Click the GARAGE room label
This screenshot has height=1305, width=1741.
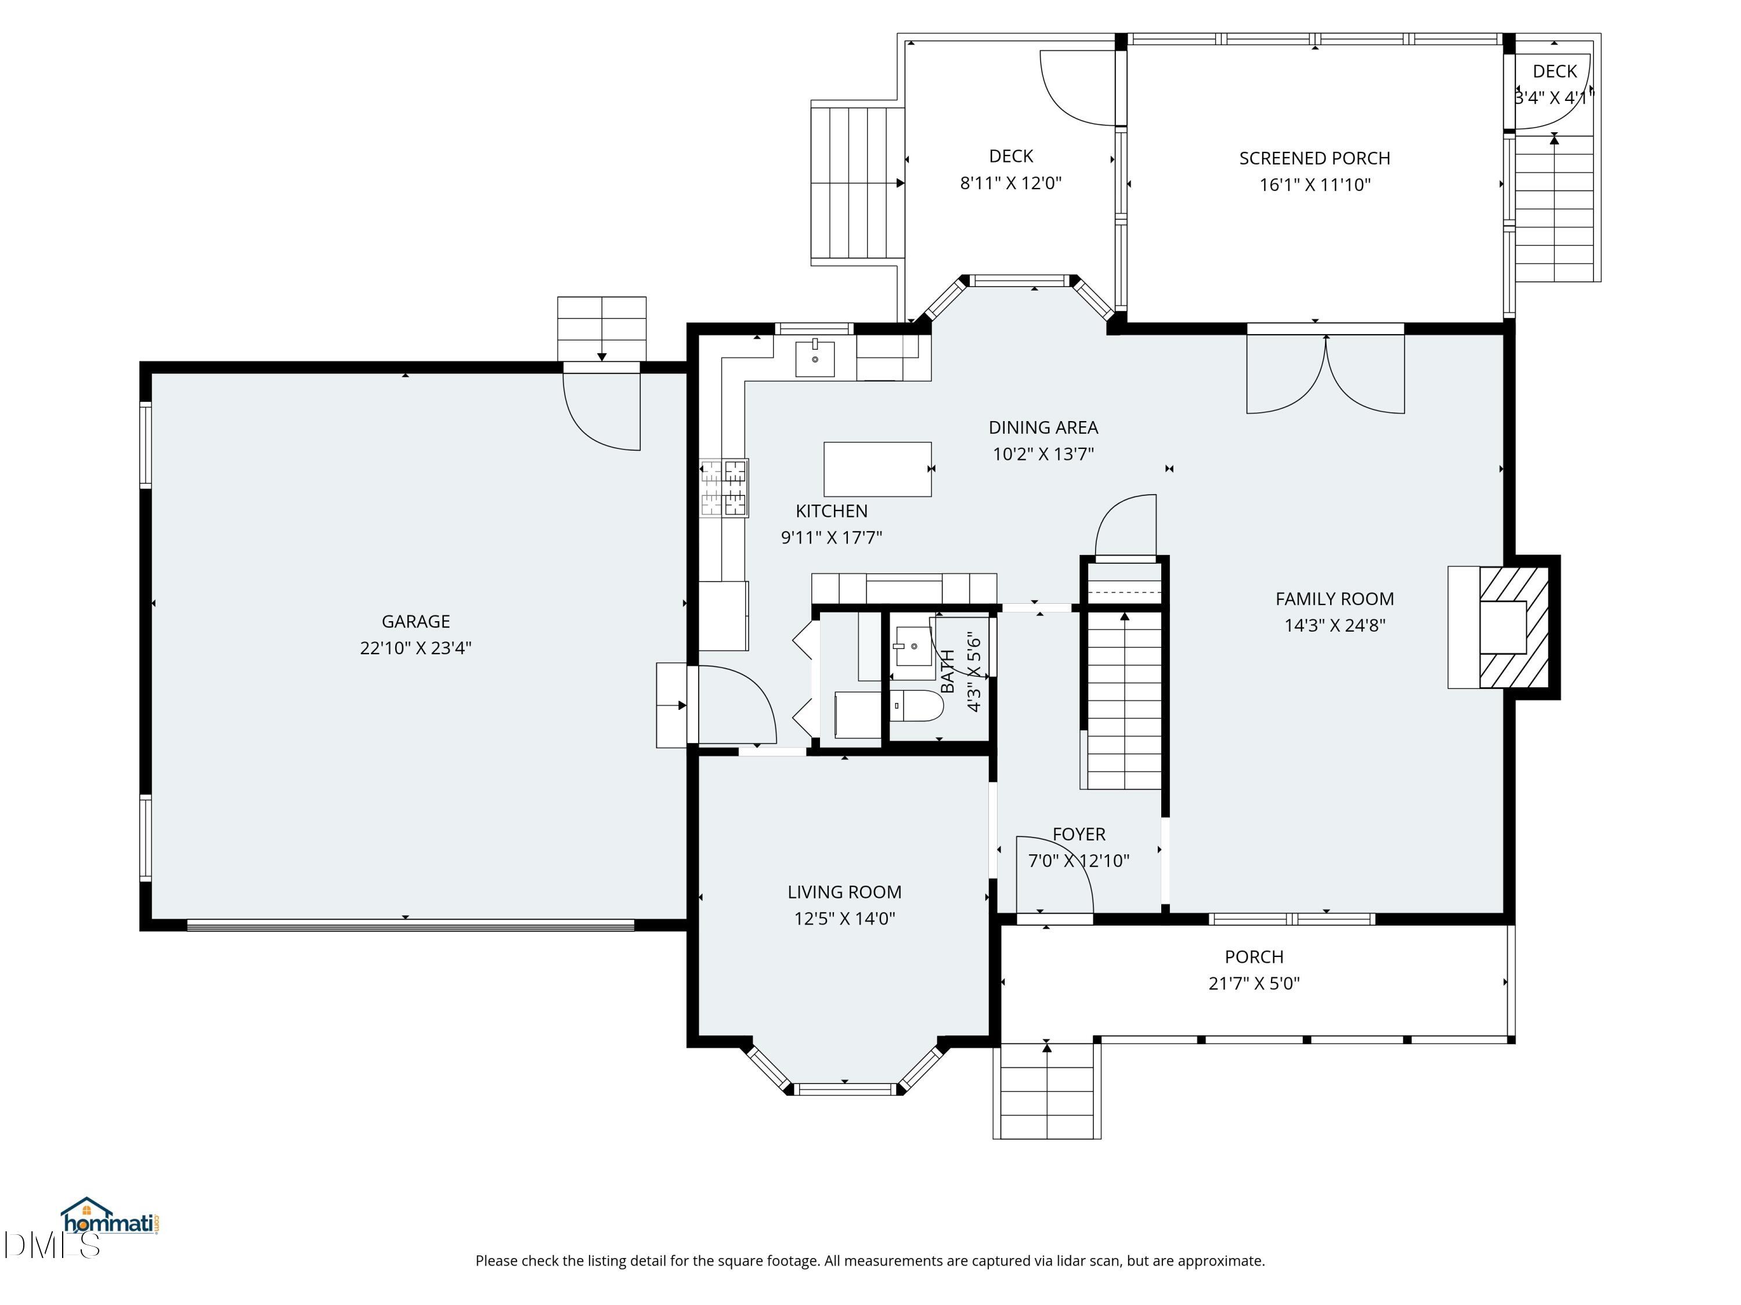[416, 621]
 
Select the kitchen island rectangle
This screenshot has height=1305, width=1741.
[877, 469]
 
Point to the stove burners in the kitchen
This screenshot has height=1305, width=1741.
[724, 488]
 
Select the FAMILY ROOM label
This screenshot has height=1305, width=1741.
[1334, 599]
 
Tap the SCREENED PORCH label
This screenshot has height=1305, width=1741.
[1314, 159]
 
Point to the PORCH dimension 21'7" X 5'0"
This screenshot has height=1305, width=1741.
[1254, 983]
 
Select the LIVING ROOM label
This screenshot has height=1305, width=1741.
[844, 892]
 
